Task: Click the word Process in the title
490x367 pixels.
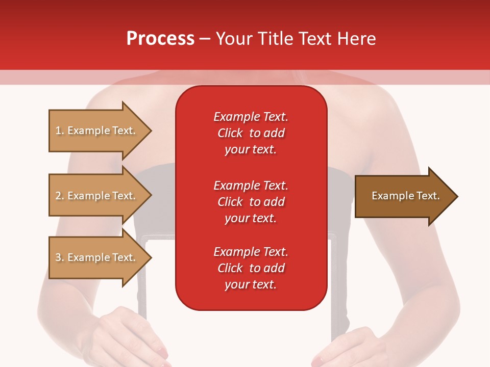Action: (x=160, y=39)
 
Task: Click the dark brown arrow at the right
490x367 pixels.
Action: (x=403, y=196)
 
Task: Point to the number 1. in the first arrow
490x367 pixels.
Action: (x=60, y=130)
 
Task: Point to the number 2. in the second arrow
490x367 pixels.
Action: (x=60, y=196)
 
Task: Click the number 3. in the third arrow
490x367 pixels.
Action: (x=60, y=257)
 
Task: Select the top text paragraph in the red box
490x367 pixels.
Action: (x=251, y=133)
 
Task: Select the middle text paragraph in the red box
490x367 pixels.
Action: (x=251, y=202)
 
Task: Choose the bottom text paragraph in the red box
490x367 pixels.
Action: (x=251, y=268)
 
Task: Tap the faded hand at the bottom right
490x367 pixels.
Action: (x=352, y=347)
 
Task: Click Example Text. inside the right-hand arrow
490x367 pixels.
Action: (x=405, y=196)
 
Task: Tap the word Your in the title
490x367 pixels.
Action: (x=233, y=39)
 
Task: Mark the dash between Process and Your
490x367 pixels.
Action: (x=205, y=39)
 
